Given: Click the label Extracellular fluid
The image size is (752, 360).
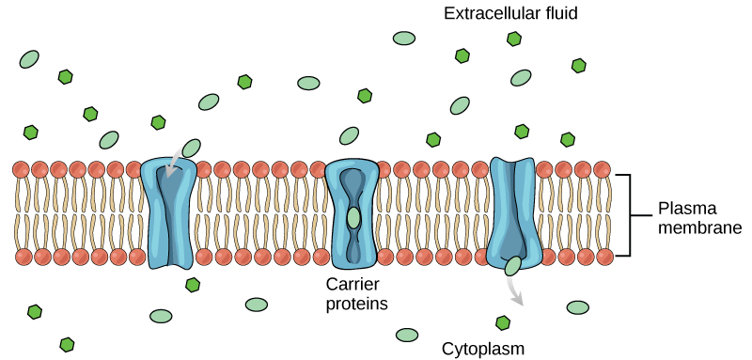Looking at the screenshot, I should [x=510, y=13].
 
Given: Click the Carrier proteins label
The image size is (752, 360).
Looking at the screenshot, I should [x=356, y=292].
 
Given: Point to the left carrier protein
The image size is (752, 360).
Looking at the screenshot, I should [x=168, y=213].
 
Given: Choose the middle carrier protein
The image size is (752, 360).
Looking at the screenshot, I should [x=352, y=213].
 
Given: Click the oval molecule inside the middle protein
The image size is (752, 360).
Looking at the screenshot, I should [x=352, y=218].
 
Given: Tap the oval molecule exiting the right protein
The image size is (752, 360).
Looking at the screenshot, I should [x=513, y=266].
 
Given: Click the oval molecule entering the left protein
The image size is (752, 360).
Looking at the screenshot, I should [x=192, y=148].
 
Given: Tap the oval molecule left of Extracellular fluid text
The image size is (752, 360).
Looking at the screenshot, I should [x=404, y=39].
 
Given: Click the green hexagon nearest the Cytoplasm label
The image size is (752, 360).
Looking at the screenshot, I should [x=504, y=322].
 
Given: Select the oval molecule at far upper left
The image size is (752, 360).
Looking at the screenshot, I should [x=29, y=58].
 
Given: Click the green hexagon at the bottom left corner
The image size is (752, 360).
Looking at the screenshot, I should [x=67, y=344].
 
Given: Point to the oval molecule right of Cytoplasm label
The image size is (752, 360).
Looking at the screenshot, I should [x=577, y=307].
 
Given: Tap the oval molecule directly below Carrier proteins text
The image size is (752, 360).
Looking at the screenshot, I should [x=407, y=335].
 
